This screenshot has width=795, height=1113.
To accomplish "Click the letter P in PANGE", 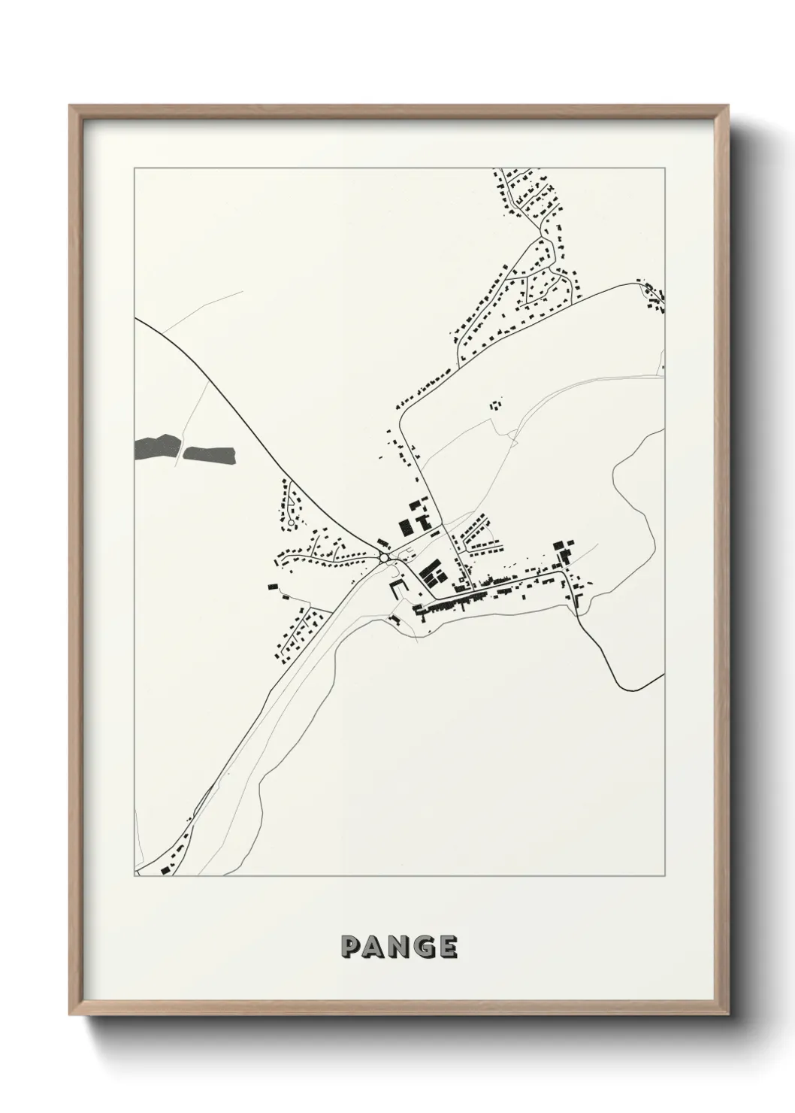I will coord(351,947).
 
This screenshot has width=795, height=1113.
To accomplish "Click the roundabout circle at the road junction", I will coord(384,557).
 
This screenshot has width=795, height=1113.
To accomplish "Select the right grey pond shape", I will coord(210,453).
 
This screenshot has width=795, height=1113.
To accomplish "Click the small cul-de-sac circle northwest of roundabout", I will coord(291,522).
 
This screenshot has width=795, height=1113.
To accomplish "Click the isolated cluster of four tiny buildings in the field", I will coord(495,405).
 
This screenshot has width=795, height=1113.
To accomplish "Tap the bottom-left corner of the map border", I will coord(135,877).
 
